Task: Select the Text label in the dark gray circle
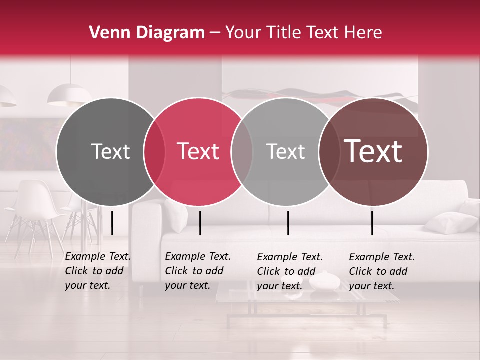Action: coord(110,151)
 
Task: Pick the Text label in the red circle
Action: coord(198,151)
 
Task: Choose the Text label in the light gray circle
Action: coord(285,151)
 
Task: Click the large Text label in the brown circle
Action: coord(373,151)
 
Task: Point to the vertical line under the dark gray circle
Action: coord(112,223)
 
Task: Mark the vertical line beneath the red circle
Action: coord(200,223)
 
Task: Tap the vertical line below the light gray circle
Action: coord(288,223)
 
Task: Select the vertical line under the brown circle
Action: coord(372,223)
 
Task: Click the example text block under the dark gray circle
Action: coord(98,271)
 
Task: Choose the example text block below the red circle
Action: coord(198,271)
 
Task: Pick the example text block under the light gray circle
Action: coord(290,271)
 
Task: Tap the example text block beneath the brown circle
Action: coord(382,271)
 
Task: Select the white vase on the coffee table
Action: coord(324,281)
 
